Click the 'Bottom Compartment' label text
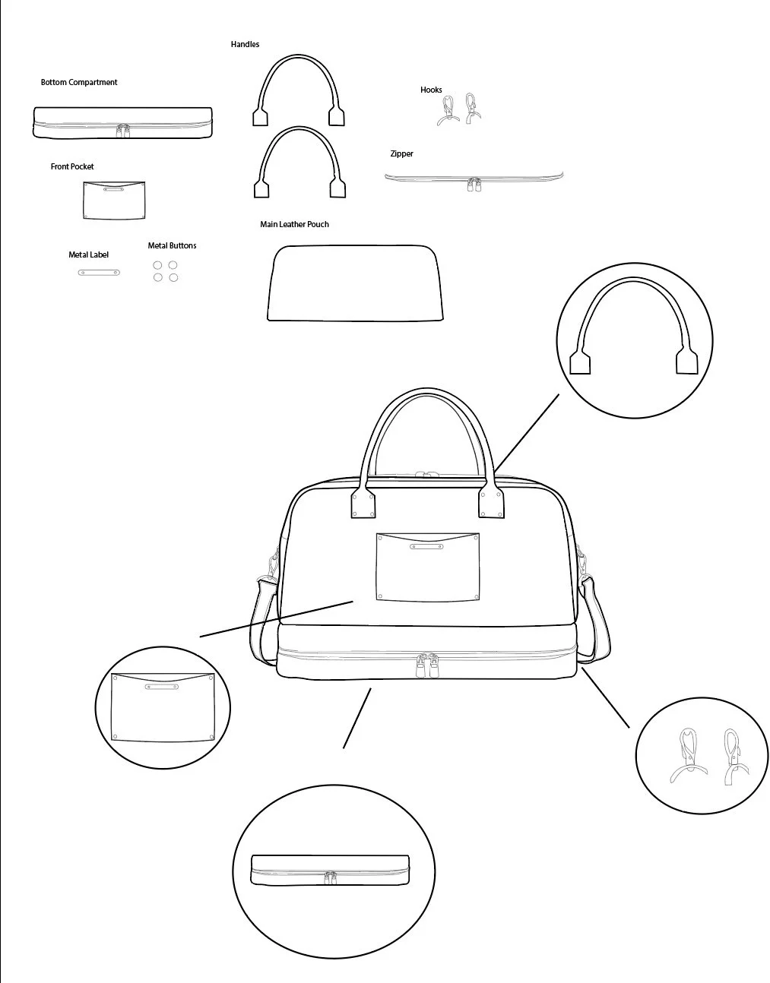click(x=79, y=82)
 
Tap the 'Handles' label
click(x=245, y=44)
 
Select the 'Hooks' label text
click(x=431, y=90)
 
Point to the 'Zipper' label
click(x=401, y=153)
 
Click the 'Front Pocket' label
click(x=72, y=166)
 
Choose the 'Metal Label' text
click(x=88, y=254)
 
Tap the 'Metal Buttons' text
click(x=172, y=245)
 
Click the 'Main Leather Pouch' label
click(x=294, y=224)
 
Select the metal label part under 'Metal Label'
click(x=99, y=273)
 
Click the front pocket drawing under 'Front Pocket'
click(x=114, y=201)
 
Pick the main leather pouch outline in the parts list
click(x=355, y=283)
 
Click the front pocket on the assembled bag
click(x=428, y=567)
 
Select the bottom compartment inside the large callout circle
click(x=330, y=870)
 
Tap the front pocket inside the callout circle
click(x=163, y=708)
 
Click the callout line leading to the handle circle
click(x=527, y=433)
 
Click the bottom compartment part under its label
click(x=122, y=122)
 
